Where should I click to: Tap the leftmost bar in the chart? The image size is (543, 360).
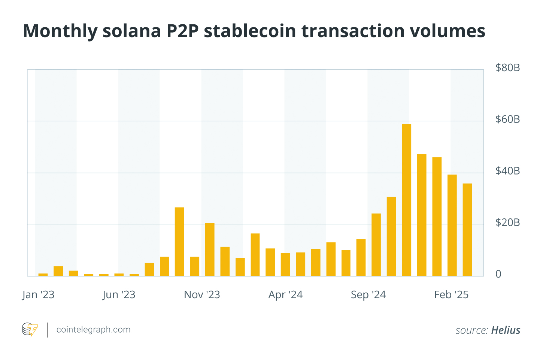coord(43,275)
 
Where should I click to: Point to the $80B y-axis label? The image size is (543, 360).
coord(507,68)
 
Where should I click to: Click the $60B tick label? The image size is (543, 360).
coord(507,120)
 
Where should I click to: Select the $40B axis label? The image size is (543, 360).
coord(507,171)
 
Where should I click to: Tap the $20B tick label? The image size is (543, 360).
coord(507,223)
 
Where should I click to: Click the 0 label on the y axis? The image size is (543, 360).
coord(498,274)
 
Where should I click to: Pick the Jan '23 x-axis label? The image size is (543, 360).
coord(38,295)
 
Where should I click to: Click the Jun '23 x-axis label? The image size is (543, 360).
coord(119,295)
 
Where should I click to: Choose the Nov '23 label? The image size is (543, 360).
coord(202,295)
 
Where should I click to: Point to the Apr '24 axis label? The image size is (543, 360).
coord(285,295)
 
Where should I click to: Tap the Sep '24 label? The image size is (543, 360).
coord(368,295)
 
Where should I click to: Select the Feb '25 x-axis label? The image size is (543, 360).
coord(451,295)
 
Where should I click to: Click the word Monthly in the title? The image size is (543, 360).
coord(60,31)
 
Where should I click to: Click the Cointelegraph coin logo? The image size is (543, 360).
coord(30,330)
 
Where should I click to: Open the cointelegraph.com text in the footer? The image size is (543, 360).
coord(93,330)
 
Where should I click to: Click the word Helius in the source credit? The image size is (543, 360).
coord(506,330)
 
